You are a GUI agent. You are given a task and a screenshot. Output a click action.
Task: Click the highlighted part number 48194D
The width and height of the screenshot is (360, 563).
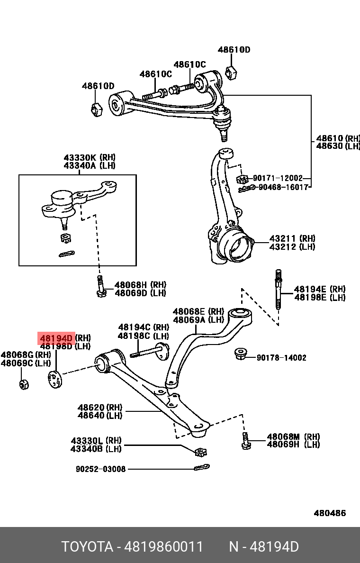[x=56, y=338]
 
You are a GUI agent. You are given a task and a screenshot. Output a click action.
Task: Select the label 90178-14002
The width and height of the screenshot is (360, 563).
[x=281, y=358]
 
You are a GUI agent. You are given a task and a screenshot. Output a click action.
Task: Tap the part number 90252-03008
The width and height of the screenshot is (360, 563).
[x=101, y=469]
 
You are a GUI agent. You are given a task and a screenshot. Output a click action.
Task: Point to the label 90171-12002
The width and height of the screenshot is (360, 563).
[x=278, y=178]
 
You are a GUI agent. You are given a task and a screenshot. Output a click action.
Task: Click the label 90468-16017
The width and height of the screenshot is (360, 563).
[x=283, y=187]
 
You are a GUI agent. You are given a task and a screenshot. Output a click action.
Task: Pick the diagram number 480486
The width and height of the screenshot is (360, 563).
[x=330, y=513]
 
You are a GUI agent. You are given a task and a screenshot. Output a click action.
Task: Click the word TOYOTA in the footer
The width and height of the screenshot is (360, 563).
[x=87, y=547]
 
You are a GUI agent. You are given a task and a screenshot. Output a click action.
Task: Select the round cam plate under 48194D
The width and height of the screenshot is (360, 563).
[x=55, y=380]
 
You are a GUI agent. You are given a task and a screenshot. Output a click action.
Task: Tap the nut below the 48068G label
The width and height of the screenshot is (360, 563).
[x=24, y=383]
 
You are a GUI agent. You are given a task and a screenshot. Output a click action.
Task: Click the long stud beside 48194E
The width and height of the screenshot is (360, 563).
[x=279, y=289]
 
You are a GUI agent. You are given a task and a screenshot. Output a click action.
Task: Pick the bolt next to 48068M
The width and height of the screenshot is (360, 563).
[x=245, y=440]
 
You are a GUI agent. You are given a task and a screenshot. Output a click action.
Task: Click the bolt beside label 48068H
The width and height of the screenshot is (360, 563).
[x=100, y=287]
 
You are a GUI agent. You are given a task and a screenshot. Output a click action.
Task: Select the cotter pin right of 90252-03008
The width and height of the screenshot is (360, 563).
[x=201, y=468]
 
